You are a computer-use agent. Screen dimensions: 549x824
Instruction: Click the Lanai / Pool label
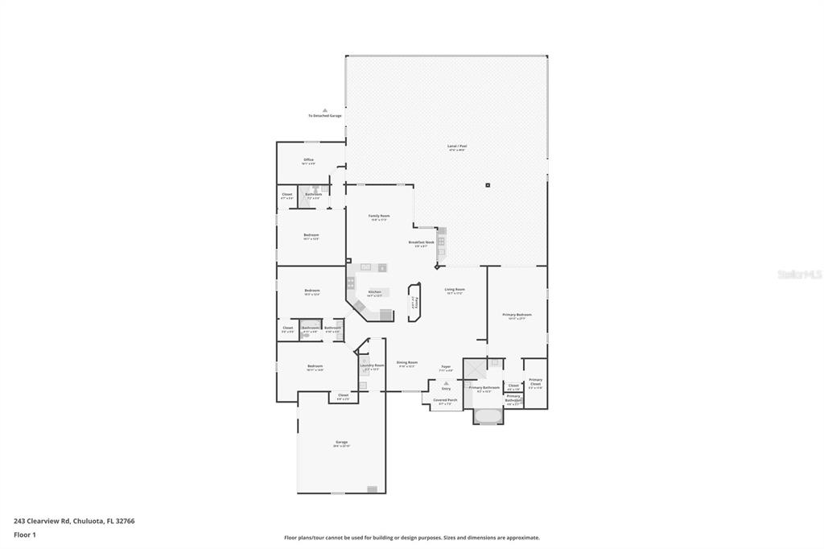coord(457,147)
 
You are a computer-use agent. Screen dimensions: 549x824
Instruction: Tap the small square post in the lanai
coord(488,185)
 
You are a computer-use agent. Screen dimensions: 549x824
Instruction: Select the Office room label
coord(308,160)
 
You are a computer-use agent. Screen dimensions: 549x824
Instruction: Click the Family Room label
coord(379,216)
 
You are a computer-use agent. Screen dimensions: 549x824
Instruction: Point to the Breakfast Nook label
coord(421,242)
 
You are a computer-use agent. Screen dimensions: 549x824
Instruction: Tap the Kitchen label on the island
coord(374,292)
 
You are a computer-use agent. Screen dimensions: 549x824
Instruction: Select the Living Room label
coord(455,290)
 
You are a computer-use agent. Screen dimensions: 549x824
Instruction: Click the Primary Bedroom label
coord(517,315)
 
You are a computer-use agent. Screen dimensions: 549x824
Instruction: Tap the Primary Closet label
coord(535,381)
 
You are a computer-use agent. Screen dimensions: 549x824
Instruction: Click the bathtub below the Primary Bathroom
coord(488,416)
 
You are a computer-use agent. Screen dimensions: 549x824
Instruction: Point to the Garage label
coord(341,442)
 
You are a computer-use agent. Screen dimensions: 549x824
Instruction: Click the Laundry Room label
coord(372,365)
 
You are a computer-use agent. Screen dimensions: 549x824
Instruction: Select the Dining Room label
coord(406,363)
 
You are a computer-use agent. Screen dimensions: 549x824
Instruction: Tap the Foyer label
coord(446,367)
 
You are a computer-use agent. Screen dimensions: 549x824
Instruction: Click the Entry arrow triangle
coord(446,382)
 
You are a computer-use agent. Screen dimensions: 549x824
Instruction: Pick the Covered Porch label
coord(445,400)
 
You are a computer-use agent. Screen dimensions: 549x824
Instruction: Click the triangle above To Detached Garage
coord(325,110)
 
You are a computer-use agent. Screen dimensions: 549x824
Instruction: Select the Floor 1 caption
coord(25,535)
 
